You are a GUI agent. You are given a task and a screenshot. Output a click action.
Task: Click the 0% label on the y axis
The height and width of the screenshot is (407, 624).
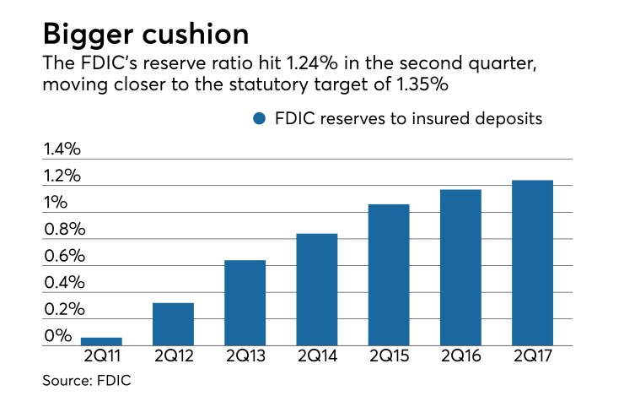coord(56,336)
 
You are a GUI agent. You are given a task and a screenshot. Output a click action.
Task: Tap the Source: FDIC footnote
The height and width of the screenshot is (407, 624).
coord(87,382)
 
